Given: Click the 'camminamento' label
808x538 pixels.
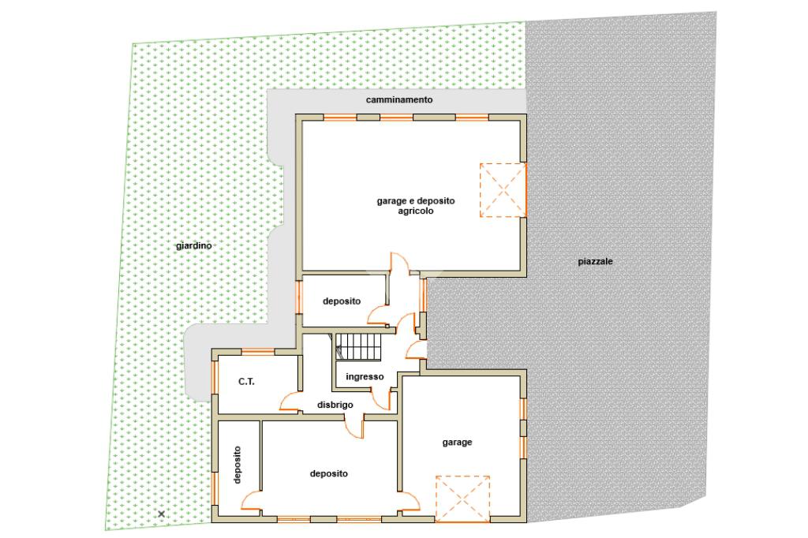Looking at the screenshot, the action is click(398, 99).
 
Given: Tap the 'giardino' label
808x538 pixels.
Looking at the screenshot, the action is click(194, 246).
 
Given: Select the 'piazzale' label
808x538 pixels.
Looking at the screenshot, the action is click(595, 261).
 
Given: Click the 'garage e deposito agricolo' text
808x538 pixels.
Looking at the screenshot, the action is click(415, 206).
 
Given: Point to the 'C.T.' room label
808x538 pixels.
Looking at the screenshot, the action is click(246, 382).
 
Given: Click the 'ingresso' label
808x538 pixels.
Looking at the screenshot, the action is click(365, 377).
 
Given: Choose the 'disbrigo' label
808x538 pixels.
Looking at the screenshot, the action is click(335, 405).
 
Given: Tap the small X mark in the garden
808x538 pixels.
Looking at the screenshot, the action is click(161, 514).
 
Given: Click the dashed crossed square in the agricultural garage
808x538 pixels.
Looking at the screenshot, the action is click(503, 190).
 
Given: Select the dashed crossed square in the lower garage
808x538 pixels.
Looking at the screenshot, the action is click(462, 499).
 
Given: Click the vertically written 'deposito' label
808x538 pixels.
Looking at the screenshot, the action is click(237, 465).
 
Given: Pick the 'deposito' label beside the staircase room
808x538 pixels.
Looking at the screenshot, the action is click(342, 301).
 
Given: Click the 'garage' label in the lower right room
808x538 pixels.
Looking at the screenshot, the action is click(457, 442).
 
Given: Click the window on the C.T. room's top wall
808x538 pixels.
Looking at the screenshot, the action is click(258, 352).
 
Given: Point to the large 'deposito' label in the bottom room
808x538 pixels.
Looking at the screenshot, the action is click(329, 473).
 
